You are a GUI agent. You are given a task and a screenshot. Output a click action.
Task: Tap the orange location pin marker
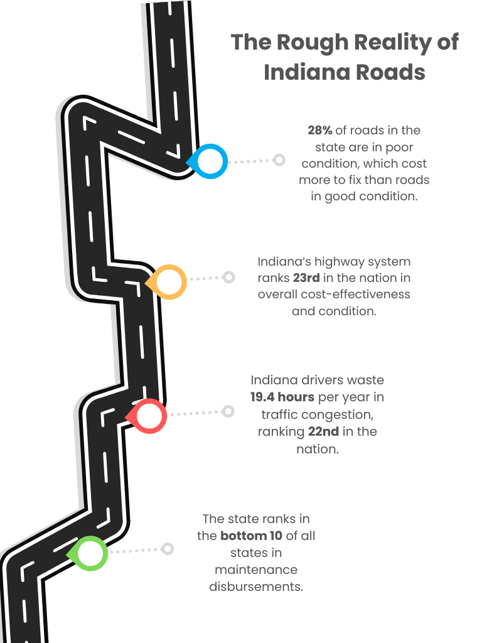pos(169,282)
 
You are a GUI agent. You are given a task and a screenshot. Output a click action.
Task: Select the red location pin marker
pos(149,416)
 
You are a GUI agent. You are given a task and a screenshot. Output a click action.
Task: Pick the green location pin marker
pos(90,553)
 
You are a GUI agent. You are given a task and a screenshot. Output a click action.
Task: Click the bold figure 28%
pos(320,131)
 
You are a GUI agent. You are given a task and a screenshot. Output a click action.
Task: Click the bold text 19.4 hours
pos(282,397)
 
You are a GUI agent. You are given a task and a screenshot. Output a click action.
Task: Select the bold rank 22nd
pos(324,432)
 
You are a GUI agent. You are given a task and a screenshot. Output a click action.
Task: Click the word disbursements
pos(256,587)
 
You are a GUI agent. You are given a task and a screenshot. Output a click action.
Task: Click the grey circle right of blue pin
pos(279,160)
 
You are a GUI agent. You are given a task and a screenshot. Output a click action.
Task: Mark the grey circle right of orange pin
pos(229,277)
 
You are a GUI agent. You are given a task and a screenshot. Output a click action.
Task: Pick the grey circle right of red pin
pos(228,411)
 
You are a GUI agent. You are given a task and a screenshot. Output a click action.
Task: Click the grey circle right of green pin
pos(168,549)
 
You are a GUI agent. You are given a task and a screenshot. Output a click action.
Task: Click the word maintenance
pos(256,570)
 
